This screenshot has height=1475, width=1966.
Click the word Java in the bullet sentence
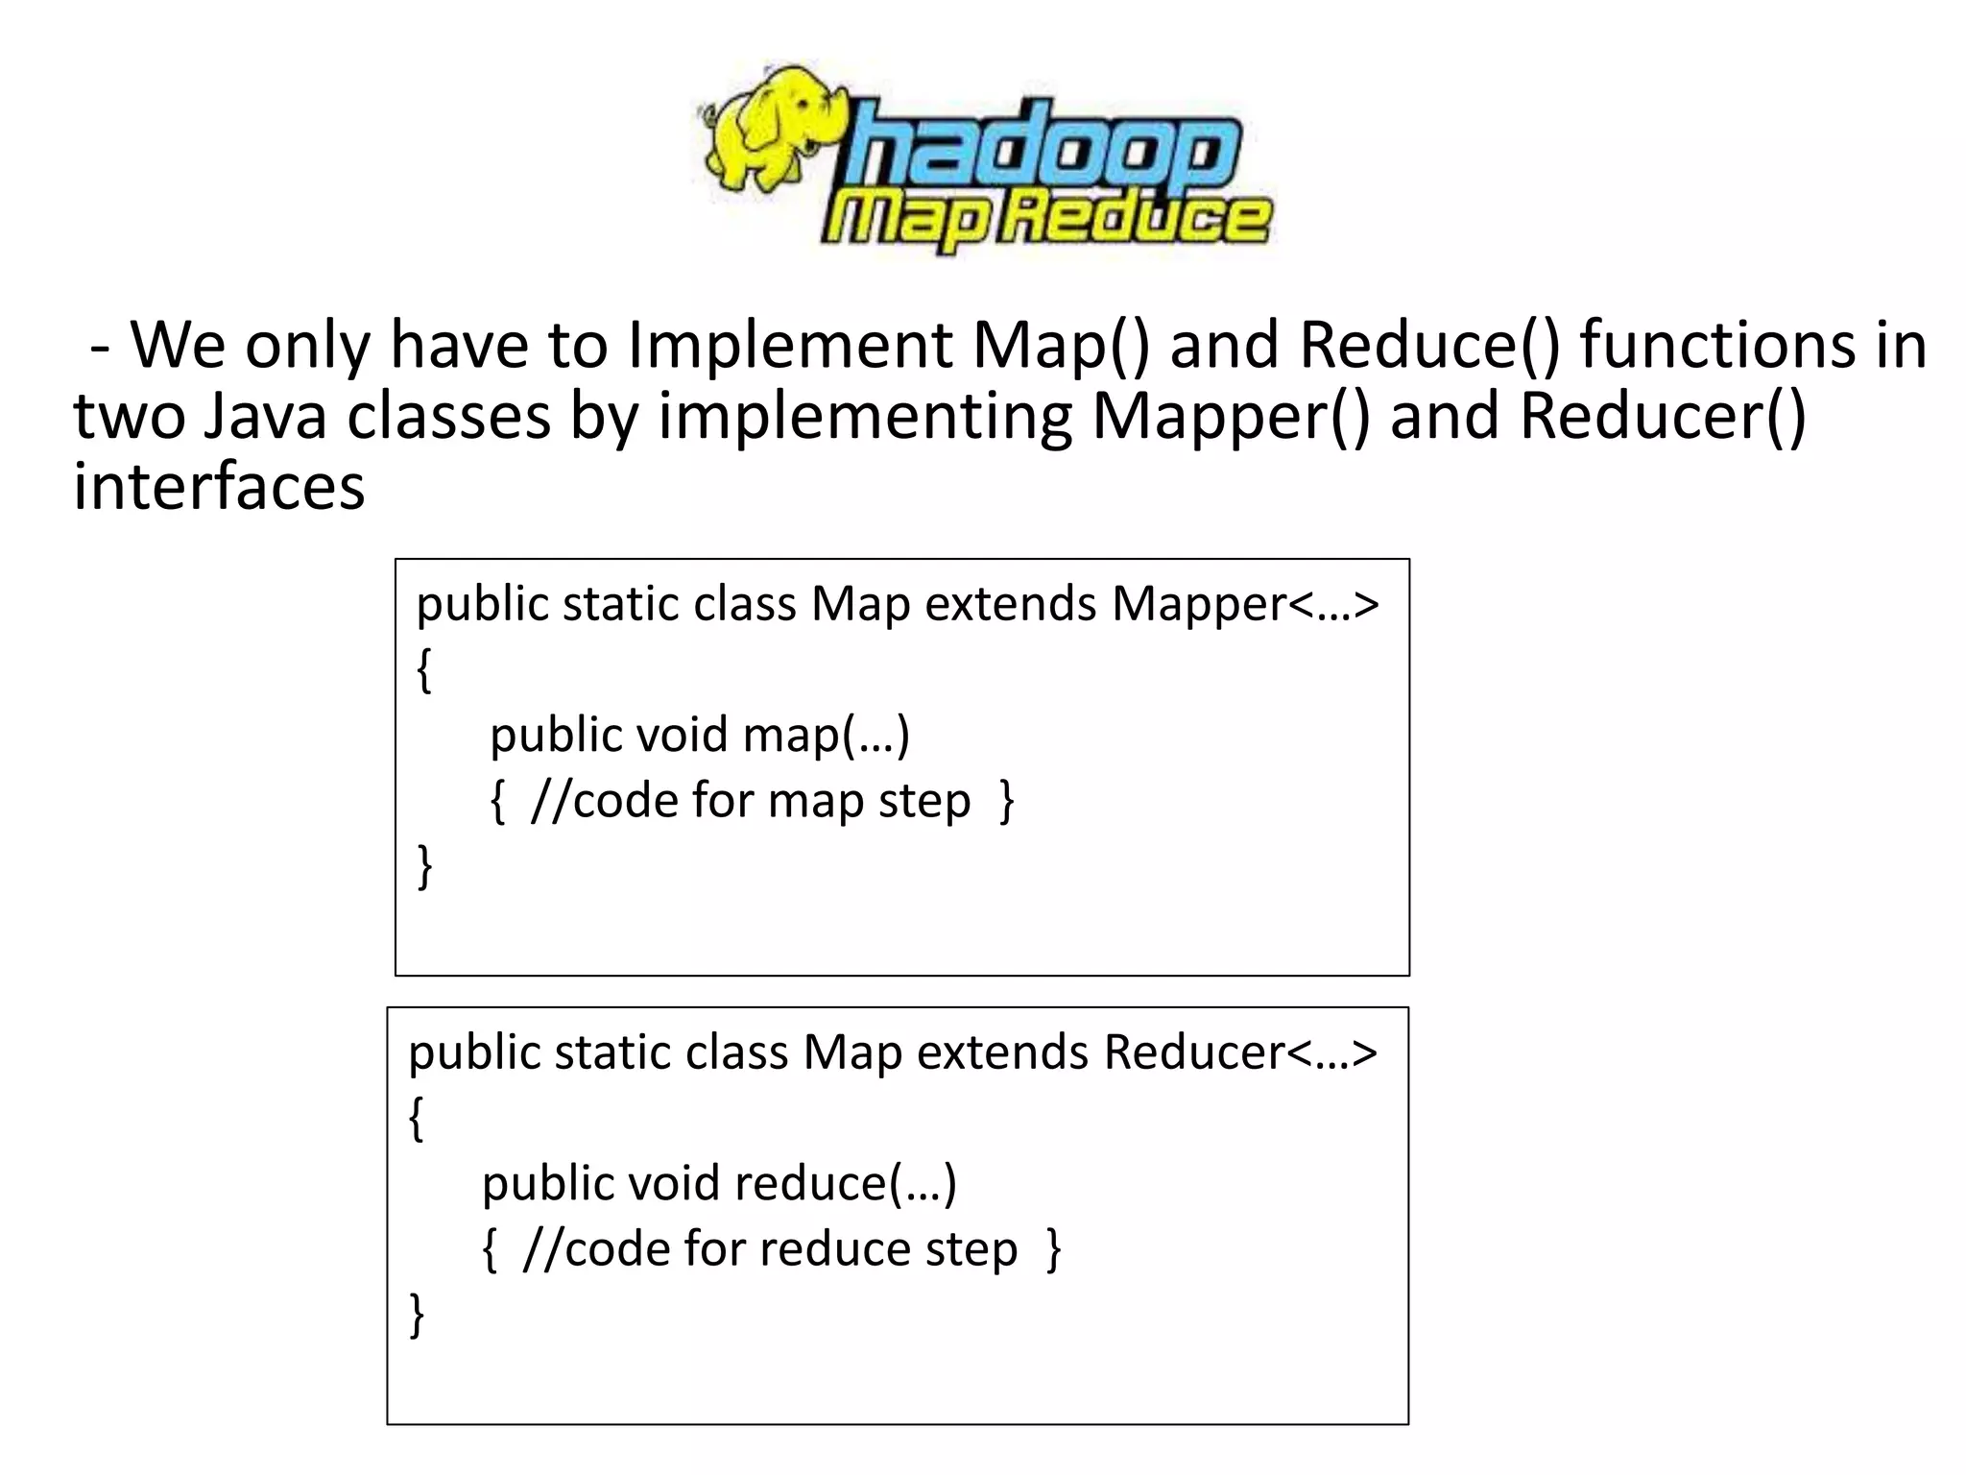(x=266, y=417)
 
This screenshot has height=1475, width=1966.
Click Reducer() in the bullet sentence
(x=1662, y=417)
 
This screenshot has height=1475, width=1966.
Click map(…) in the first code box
(x=827, y=736)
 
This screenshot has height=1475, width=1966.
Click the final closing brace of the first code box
(x=424, y=866)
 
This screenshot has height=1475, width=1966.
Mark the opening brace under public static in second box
(x=417, y=1120)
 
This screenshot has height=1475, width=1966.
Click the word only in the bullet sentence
(x=307, y=346)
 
